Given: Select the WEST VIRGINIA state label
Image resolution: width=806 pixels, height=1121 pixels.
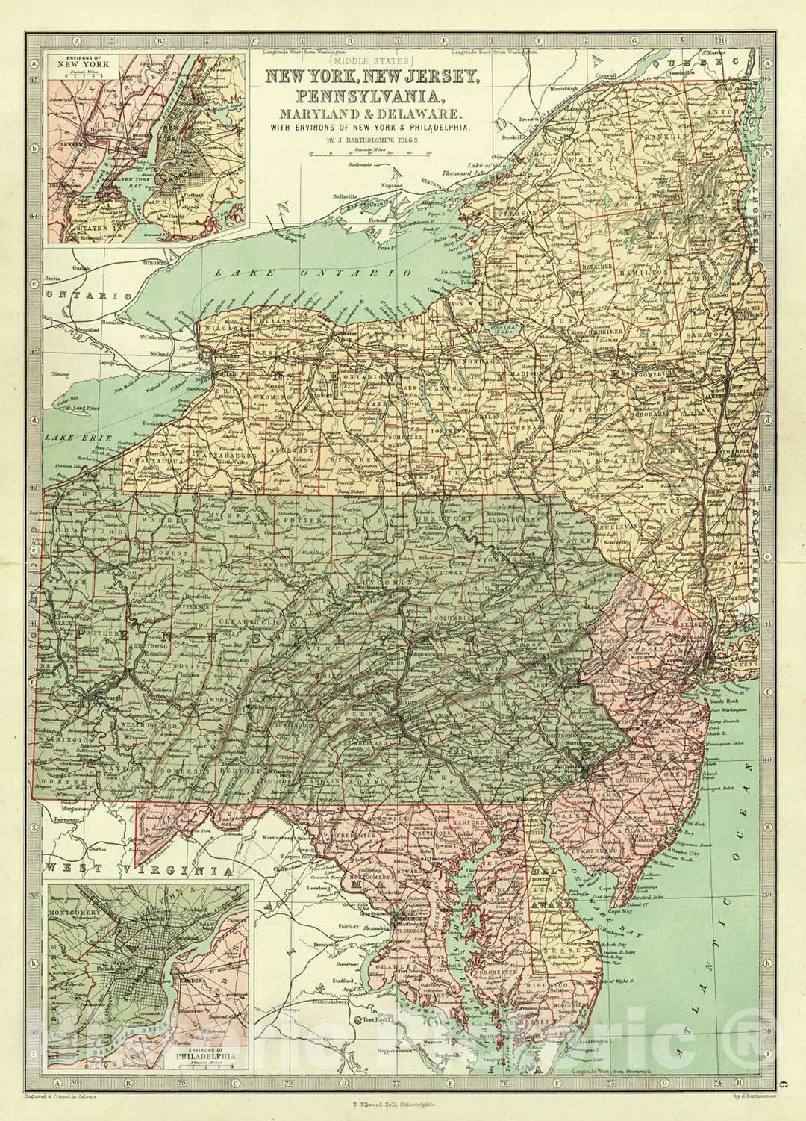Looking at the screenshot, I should tap(134, 869).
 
